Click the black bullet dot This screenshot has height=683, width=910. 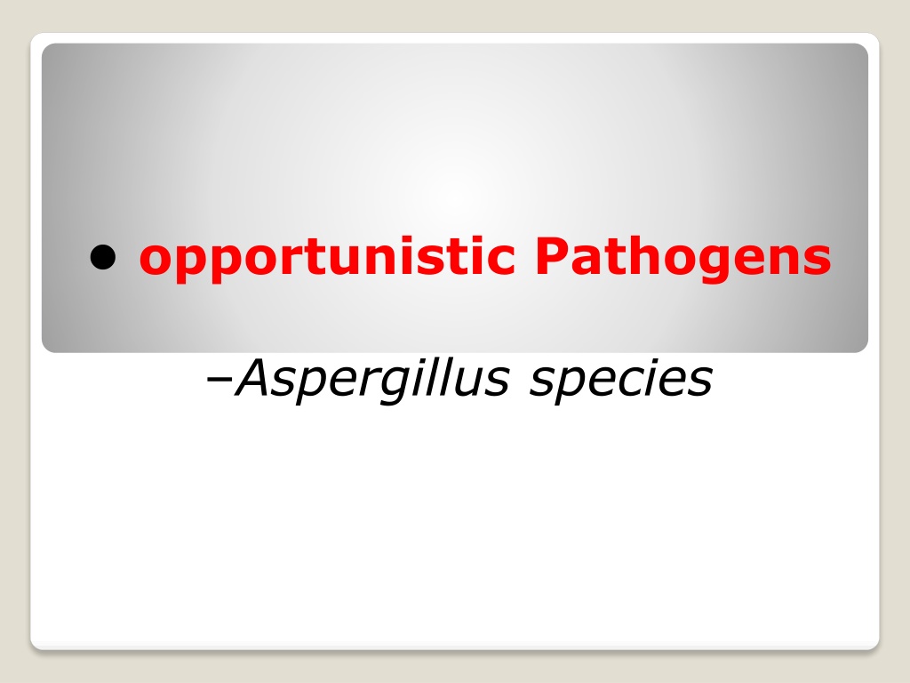point(103,257)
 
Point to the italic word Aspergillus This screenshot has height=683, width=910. point(371,379)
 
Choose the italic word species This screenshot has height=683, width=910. point(621,381)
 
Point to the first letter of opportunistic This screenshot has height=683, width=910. point(158,261)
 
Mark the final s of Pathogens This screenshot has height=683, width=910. point(817,261)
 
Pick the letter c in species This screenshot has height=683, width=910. point(633,382)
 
